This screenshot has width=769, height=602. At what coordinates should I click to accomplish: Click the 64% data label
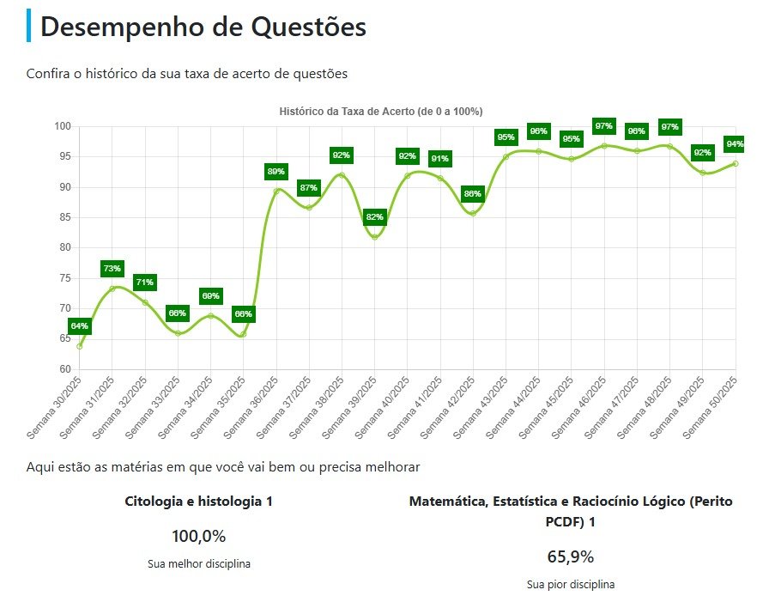[80, 326]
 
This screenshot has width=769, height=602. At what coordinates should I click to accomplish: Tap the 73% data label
[112, 269]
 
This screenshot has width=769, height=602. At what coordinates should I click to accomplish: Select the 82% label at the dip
[375, 217]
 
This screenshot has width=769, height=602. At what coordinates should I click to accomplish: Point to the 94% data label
[735, 143]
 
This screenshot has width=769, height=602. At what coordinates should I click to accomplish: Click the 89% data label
[276, 172]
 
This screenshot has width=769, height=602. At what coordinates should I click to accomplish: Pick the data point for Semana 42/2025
[473, 213]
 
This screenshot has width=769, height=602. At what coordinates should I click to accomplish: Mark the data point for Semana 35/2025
[243, 334]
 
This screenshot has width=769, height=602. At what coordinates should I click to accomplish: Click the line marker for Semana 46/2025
[604, 146]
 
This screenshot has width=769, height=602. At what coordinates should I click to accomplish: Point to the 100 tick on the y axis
[64, 126]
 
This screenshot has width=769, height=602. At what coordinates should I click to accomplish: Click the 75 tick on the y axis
[66, 278]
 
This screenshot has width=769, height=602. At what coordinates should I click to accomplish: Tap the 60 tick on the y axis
[66, 369]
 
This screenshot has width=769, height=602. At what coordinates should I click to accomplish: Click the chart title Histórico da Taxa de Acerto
[381, 112]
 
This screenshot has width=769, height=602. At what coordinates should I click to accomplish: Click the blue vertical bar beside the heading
[29, 26]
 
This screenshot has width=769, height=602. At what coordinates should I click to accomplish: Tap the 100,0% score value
[198, 537]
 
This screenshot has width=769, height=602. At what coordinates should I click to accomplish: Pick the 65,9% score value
[571, 556]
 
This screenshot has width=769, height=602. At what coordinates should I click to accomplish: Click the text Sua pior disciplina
[571, 585]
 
